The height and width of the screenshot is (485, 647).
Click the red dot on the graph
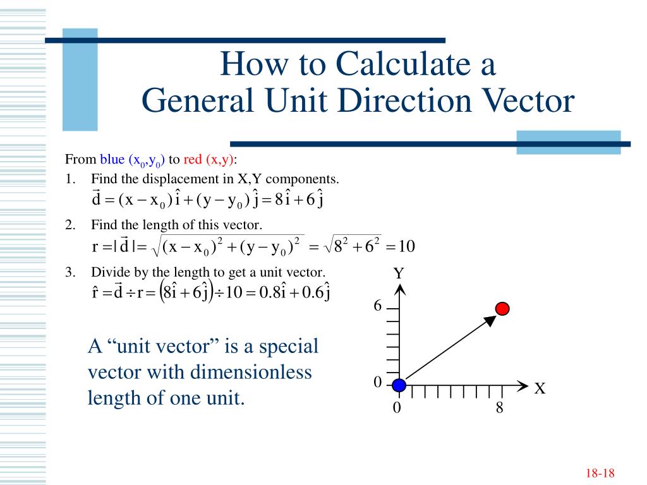(502, 309)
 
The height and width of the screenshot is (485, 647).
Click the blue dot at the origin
(398, 385)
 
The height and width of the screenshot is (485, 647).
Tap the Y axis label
(399, 274)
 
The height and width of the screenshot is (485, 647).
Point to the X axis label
(540, 388)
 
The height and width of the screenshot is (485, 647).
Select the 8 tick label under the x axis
(499, 408)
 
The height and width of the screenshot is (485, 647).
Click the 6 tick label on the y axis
(378, 306)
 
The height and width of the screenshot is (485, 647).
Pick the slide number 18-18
(600, 474)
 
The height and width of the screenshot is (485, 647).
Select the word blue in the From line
(112, 159)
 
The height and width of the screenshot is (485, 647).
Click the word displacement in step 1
(167, 179)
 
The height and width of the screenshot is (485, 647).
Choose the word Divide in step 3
(108, 273)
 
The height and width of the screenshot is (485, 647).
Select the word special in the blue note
(287, 346)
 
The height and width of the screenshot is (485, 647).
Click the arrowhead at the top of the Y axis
(399, 289)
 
